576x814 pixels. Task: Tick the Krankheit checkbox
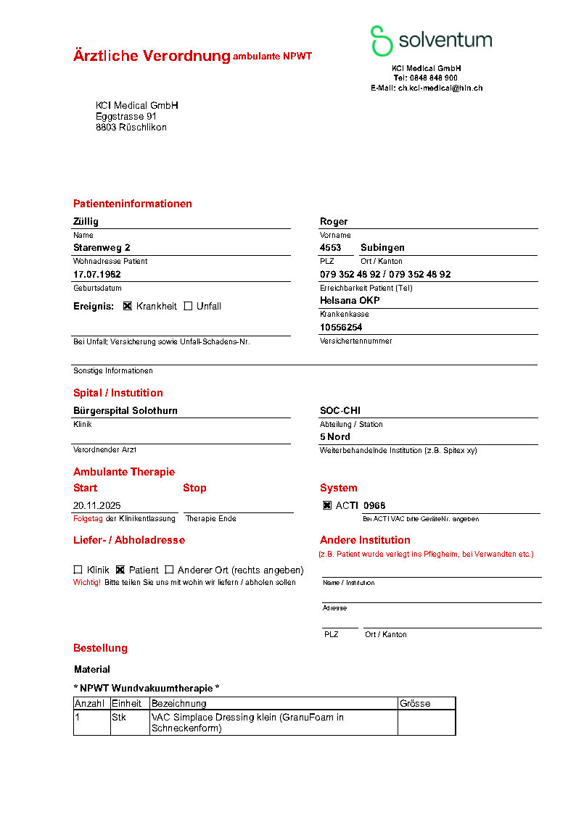pos(128,306)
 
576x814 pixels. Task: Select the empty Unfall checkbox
pos(188,306)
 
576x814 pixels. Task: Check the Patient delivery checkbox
pos(120,570)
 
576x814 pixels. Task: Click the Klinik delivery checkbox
pos(78,570)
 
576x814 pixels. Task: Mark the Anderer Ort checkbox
pos(169,570)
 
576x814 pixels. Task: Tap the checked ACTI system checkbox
pos(327,505)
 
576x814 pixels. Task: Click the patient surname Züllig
pos(86,221)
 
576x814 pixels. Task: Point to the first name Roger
pos(334,221)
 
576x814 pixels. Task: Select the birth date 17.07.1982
pos(96,274)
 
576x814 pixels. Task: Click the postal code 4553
pos(330,247)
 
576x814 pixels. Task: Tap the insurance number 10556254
pos(341,327)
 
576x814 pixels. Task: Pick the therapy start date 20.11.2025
pos(97,505)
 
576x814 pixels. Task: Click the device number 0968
pos(374,505)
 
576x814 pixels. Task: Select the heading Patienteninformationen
pos(132,204)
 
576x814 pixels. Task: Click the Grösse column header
pos(414,703)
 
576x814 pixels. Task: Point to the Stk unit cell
pos(119,718)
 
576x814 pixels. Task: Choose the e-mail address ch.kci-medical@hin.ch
pos(440,88)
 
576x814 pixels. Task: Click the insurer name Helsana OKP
pos(350,300)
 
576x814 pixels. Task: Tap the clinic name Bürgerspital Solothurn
pos(125,410)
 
